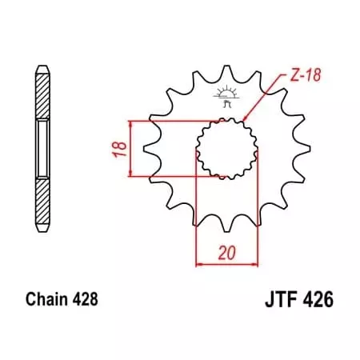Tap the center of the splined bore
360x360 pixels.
[225, 149]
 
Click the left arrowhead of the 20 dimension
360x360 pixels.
[198, 262]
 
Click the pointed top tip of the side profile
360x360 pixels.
[41, 63]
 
